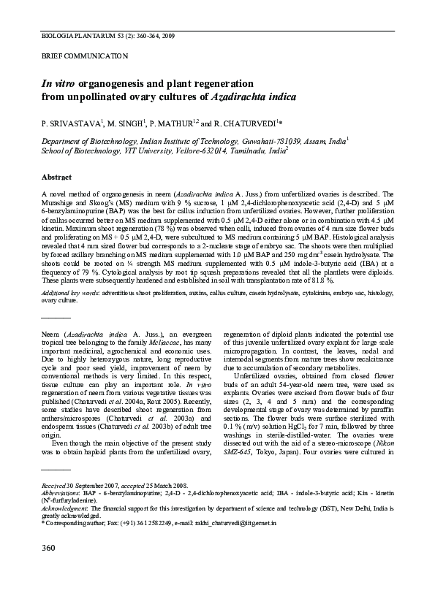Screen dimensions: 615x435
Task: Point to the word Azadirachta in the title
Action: pyautogui.click(x=241, y=97)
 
